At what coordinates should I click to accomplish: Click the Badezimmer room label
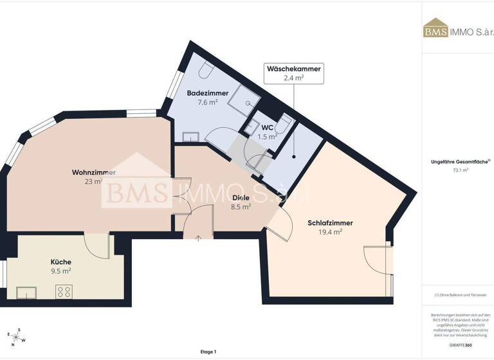[x=208, y=93]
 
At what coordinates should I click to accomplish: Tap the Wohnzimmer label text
[x=94, y=172]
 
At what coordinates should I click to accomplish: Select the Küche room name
[x=61, y=262]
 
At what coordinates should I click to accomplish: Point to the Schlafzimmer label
[x=330, y=223]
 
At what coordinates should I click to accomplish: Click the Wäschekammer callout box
[x=293, y=73]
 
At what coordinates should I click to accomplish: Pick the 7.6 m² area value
[x=208, y=102]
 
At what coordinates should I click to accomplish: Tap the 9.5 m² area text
[x=61, y=271]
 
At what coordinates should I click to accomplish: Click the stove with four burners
[x=64, y=292]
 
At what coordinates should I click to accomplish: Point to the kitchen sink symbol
[x=26, y=293]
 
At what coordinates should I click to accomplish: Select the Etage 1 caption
[x=208, y=352]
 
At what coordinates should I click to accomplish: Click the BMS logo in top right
[x=435, y=30]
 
